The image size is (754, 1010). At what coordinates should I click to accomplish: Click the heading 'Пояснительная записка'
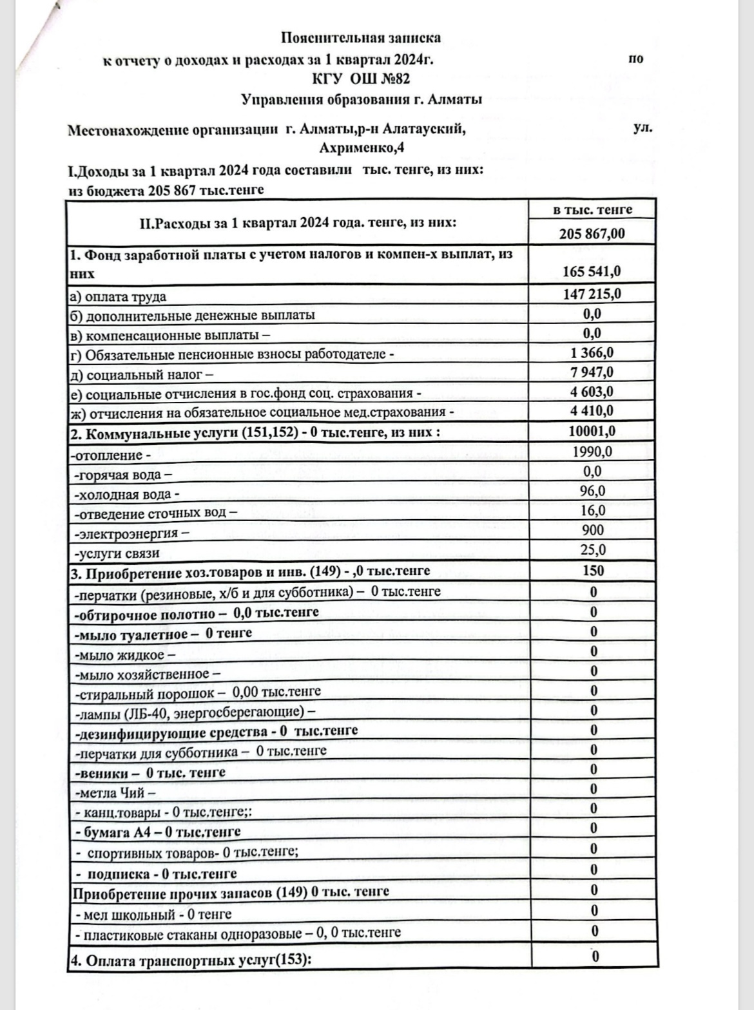pos(361,38)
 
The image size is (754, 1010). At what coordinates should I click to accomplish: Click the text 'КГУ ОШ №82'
pos(361,79)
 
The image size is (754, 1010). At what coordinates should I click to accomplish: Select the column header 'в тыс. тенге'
pos(593,210)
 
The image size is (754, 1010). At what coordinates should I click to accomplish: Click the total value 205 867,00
pos(592,233)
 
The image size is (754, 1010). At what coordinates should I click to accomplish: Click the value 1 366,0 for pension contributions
pos(592,352)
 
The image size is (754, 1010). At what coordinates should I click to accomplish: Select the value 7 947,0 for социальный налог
pos(592,372)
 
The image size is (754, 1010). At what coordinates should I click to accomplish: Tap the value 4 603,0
pos(592,392)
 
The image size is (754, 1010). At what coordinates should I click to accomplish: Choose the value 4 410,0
pos(592,411)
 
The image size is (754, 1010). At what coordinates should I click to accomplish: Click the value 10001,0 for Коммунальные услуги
pos(592,431)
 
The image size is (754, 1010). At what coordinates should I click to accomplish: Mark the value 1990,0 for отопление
pos(592,452)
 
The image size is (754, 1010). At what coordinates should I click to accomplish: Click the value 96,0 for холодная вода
pos(592,491)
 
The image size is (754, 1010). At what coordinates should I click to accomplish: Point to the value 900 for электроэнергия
pos(592,530)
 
